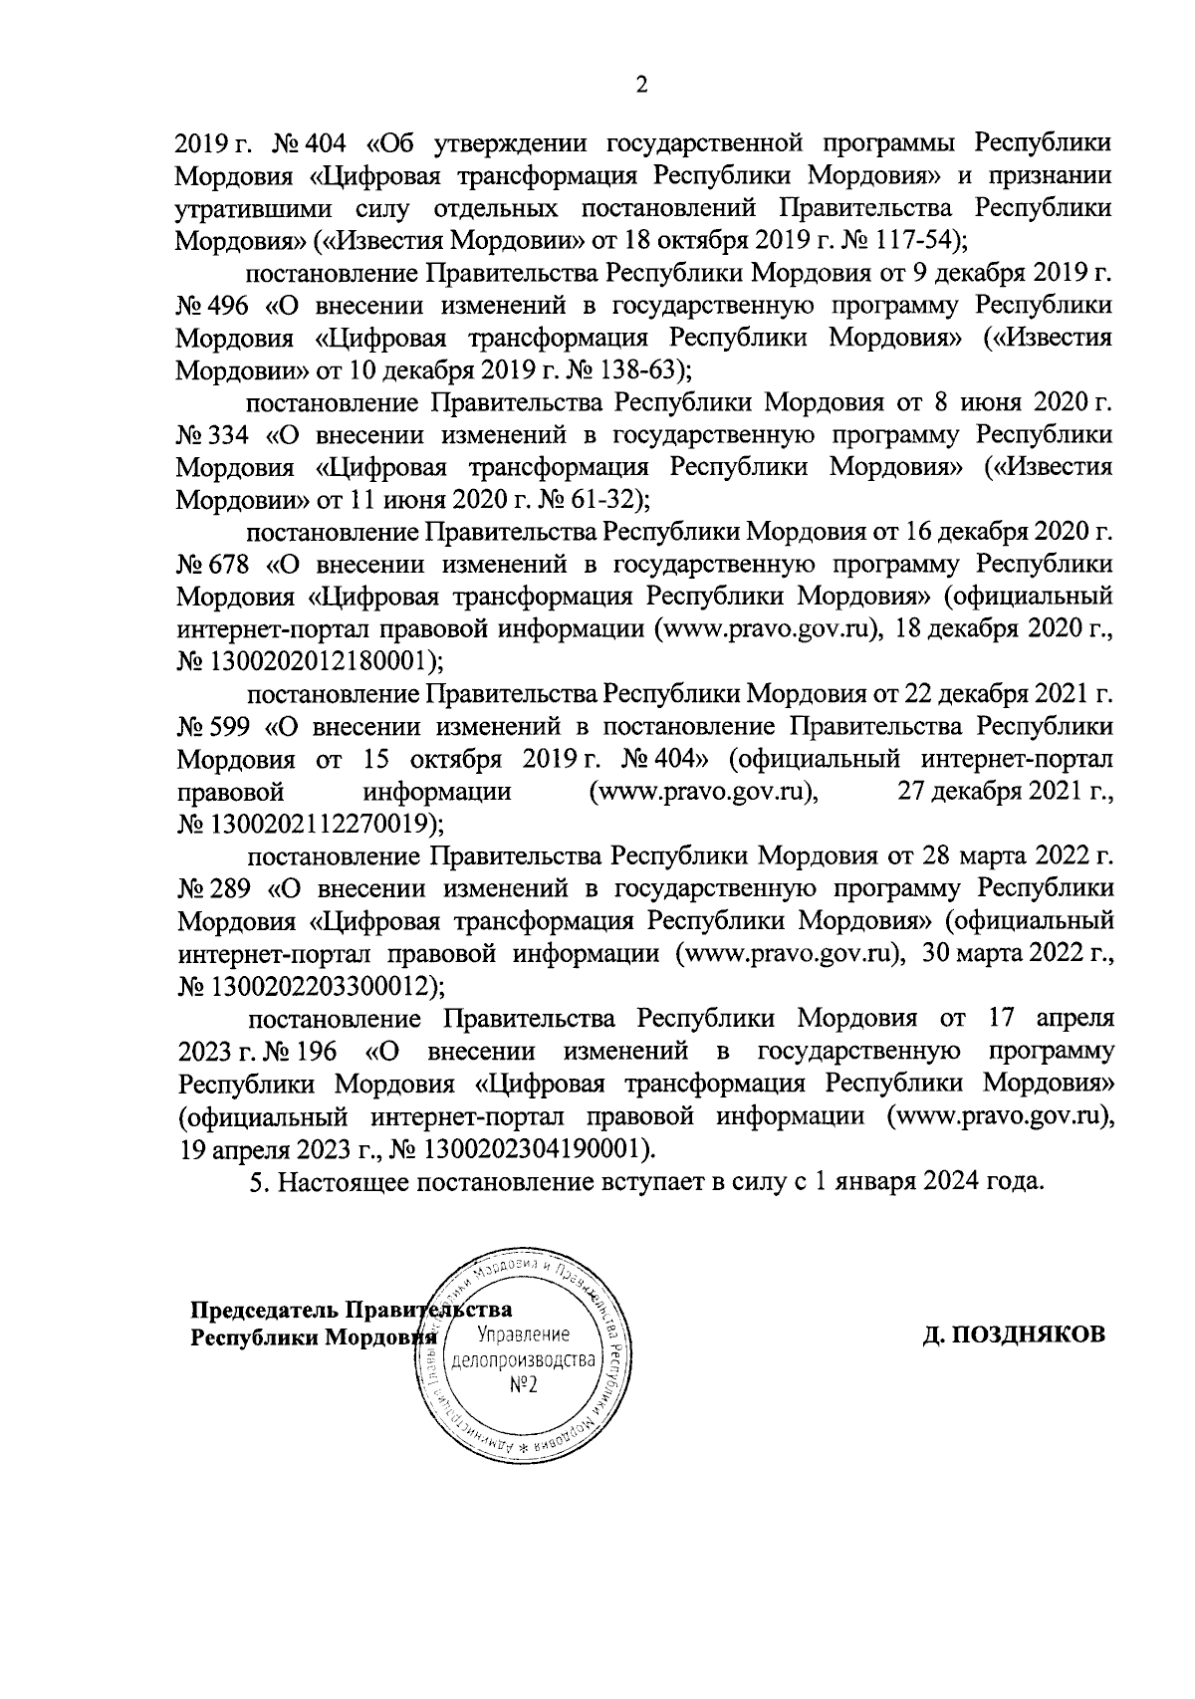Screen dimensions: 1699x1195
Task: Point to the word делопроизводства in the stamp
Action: (523, 1360)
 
